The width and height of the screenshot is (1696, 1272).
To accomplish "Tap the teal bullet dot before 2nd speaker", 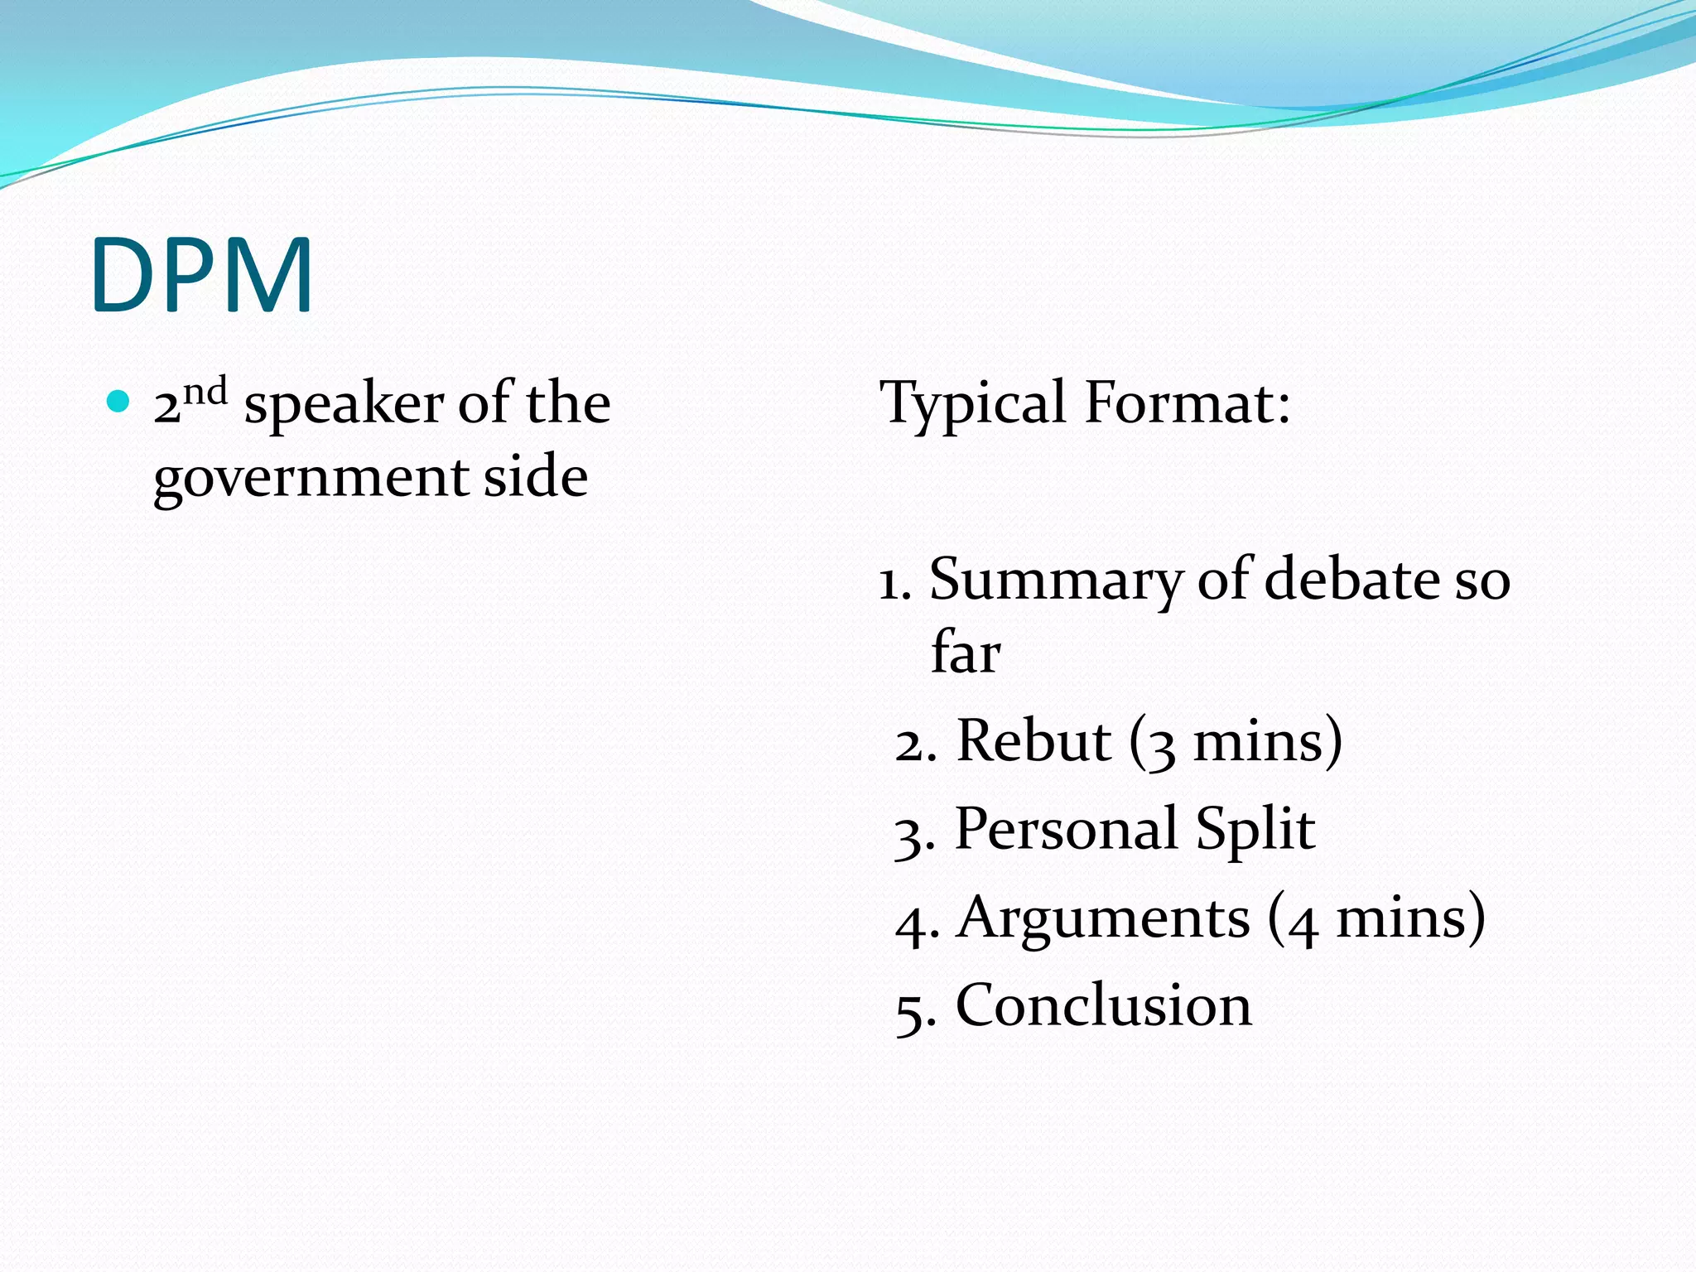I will (119, 402).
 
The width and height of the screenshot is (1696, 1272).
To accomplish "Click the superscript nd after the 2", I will (205, 391).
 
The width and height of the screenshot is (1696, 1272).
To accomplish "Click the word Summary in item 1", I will (1055, 581).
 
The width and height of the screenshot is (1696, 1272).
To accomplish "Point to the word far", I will (966, 652).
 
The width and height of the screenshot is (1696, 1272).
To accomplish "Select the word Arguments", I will (1103, 918).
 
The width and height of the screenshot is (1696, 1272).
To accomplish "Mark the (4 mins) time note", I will (1376, 918).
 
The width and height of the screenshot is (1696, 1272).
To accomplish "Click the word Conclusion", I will (1103, 1005).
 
